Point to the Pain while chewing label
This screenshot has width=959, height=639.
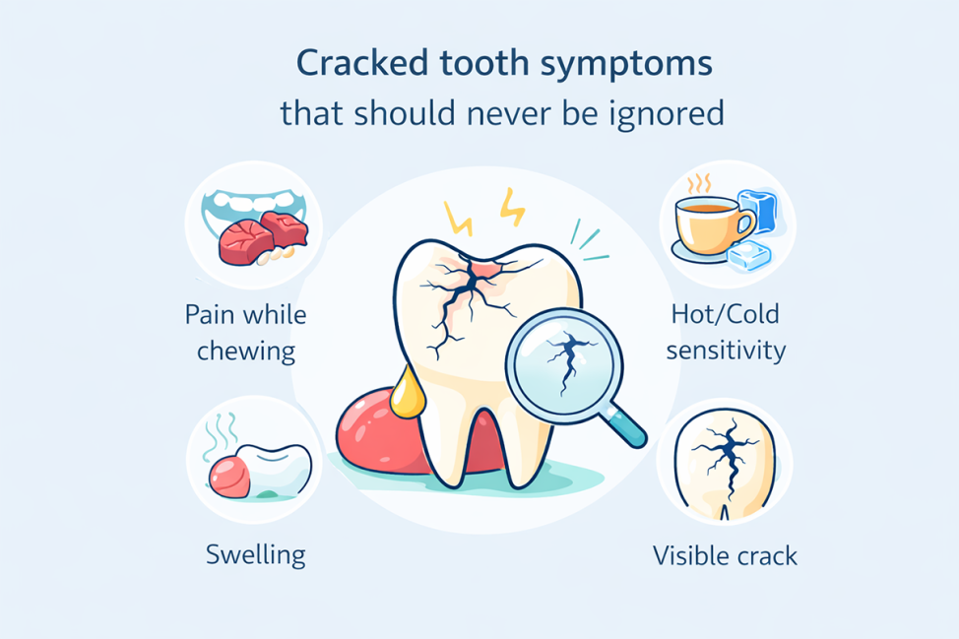[246, 333]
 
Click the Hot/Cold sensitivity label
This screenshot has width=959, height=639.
[725, 332]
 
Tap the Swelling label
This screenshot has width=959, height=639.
[256, 553]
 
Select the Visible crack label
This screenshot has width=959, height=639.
[726, 555]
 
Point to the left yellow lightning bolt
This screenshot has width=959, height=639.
[457, 219]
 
